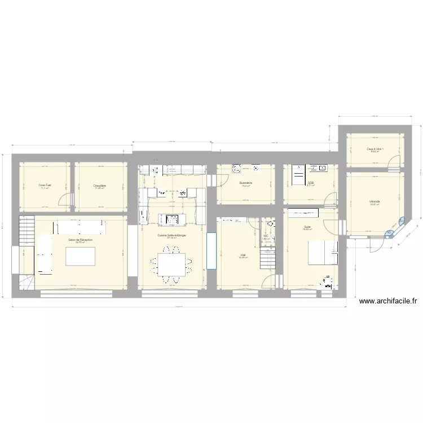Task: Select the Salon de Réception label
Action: (80, 240)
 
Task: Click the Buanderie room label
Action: (245, 183)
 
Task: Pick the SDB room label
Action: (310, 183)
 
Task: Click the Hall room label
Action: (243, 255)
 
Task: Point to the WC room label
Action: (266, 236)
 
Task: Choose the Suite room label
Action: (307, 227)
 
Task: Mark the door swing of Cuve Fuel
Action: (67, 200)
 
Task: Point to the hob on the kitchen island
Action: (171, 219)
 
